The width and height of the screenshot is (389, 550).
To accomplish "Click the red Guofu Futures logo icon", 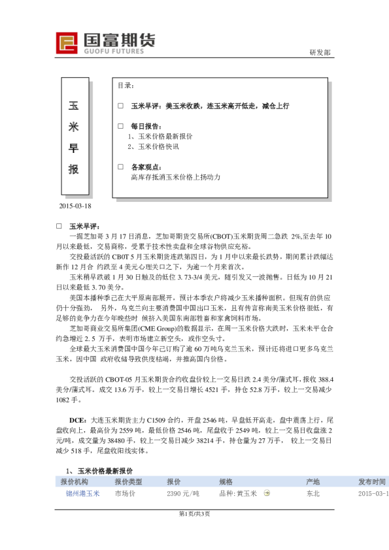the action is [67, 44].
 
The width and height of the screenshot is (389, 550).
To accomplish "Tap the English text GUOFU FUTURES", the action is [114, 50].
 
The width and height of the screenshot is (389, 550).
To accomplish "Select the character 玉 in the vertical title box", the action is [74, 105].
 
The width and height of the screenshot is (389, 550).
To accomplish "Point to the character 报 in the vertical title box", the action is [74, 169].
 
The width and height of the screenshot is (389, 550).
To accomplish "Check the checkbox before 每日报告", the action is [120, 125].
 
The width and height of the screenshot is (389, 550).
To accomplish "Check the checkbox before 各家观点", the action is [120, 167].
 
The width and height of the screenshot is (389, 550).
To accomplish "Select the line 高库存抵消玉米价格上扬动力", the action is [176, 177].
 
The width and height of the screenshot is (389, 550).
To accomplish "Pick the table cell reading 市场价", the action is [126, 494].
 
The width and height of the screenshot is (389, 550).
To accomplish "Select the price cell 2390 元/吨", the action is [183, 494].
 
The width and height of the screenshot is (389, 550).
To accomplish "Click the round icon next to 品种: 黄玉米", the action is [267, 494].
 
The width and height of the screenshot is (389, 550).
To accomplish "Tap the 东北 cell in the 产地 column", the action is [313, 494].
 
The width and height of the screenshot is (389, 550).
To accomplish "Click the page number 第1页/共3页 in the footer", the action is [194, 514].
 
